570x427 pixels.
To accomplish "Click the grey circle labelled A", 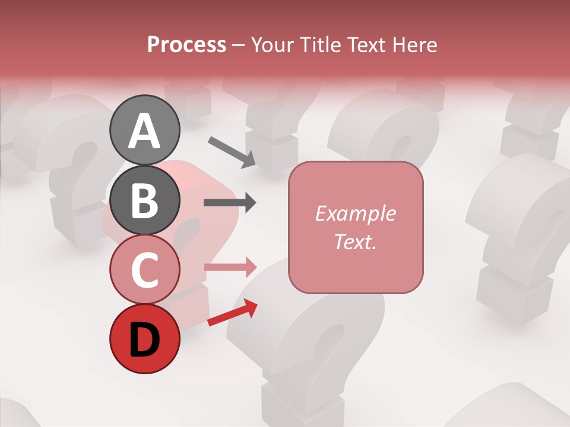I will (x=145, y=130).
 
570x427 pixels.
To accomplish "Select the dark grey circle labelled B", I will (x=145, y=200).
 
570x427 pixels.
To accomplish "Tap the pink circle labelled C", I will (x=145, y=270).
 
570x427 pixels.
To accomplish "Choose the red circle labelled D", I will (x=145, y=339).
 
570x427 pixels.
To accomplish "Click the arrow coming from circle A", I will (x=232, y=151).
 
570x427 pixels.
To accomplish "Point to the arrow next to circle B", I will (x=230, y=203).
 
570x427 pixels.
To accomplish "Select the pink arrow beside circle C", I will (x=230, y=267).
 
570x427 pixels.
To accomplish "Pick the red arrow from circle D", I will (x=233, y=313).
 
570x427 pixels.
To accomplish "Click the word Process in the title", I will (x=186, y=44).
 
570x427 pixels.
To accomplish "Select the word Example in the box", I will (x=355, y=213).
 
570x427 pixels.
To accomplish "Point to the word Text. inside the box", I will (x=355, y=241).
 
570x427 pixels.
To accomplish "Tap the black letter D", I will (x=145, y=340).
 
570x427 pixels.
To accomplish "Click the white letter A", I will (x=145, y=130).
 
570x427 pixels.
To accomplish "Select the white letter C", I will (x=145, y=270).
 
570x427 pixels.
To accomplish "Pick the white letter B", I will (x=145, y=200).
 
